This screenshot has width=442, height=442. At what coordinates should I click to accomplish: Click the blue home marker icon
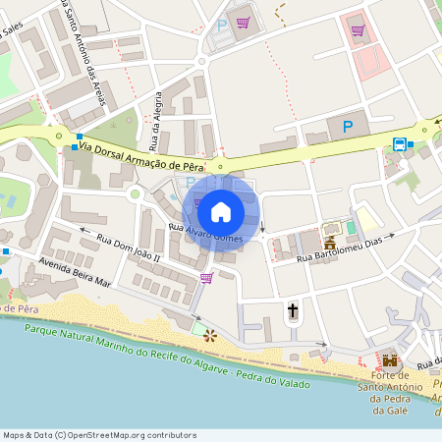[221, 212]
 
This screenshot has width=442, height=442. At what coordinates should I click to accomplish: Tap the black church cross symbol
[292, 311]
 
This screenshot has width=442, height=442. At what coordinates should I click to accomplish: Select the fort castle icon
[390, 360]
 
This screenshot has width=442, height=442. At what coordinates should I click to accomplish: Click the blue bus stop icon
[400, 144]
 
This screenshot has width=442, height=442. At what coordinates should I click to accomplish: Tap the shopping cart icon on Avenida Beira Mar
[206, 278]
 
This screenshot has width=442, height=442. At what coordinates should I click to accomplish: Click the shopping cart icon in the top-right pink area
[357, 30]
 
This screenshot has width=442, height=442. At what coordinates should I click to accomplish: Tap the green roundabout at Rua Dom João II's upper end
[134, 194]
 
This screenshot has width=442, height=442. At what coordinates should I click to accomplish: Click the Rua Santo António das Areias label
[89, 55]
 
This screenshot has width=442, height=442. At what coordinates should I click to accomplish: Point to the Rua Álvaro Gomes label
[205, 233]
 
